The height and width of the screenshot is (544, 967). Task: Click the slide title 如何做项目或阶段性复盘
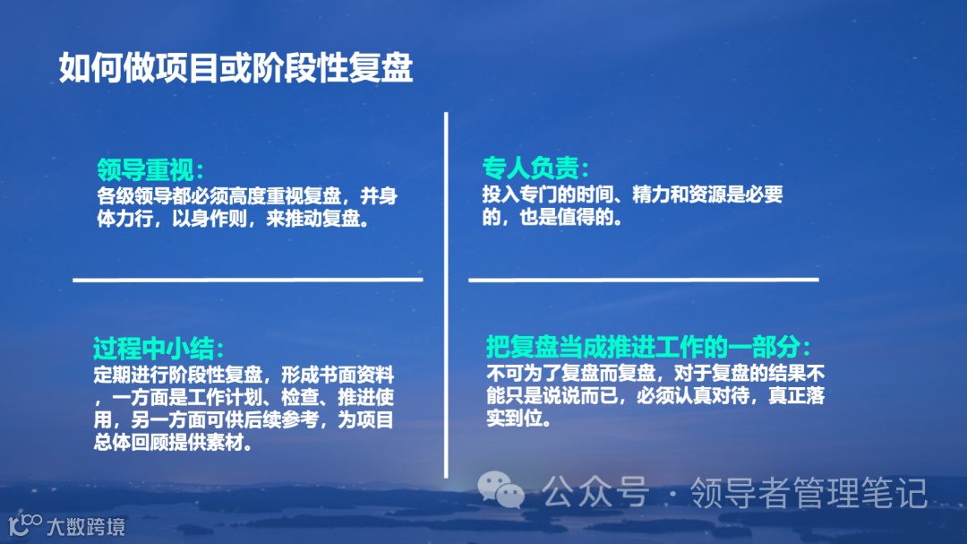(235, 68)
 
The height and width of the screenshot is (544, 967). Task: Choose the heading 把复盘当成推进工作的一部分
(647, 347)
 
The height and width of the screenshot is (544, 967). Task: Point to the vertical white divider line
(446, 296)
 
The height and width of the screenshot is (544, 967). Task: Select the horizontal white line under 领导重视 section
(247, 280)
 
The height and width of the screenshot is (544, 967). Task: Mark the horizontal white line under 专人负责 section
(643, 280)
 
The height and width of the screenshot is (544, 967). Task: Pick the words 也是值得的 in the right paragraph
(564, 218)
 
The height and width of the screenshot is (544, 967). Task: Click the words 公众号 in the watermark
(595, 492)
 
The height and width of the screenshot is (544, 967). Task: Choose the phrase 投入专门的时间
(543, 194)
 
